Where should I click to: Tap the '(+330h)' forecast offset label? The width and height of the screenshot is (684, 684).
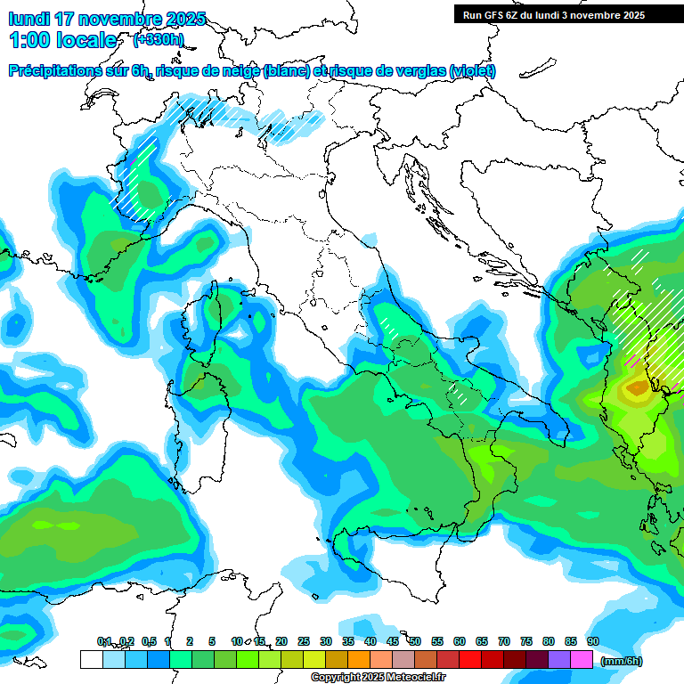coord(158,39)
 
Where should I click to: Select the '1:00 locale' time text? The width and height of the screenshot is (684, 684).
coord(62,40)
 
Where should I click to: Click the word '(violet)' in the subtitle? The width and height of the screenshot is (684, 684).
coord(472,71)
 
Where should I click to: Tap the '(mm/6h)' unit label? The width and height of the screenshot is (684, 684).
coord(621,661)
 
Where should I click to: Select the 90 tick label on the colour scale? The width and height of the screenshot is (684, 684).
coord(593,641)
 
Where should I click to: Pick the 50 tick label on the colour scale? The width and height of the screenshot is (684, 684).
coord(415,641)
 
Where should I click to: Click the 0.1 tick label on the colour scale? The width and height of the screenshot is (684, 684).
coord(104,641)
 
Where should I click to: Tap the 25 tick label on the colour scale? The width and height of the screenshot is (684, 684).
coord(304,641)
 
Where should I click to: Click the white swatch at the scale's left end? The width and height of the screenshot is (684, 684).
coord(91,659)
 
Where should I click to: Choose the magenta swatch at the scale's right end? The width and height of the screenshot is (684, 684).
coord(582,659)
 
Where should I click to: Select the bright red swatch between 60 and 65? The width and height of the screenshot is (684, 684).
coord(470,659)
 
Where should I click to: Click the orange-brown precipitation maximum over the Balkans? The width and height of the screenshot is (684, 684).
coord(638,387)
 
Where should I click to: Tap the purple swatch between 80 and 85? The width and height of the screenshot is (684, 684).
coord(559,659)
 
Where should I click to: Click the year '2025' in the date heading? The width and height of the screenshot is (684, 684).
coord(182,19)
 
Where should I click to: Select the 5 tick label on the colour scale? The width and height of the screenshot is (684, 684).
coord(212,641)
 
